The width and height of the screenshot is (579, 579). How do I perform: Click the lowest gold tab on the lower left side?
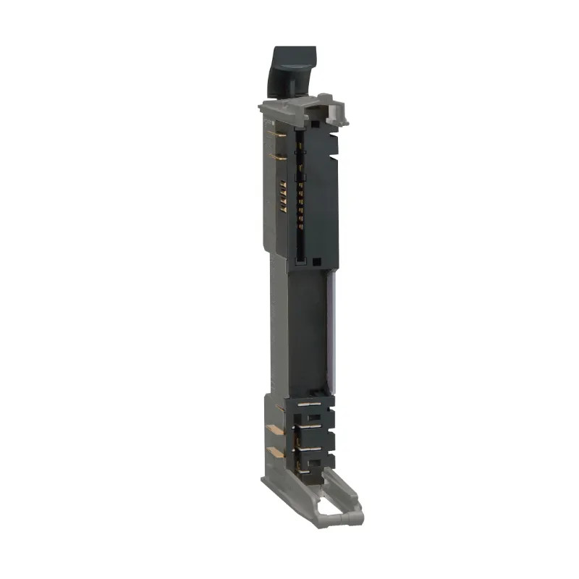point(274,452)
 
